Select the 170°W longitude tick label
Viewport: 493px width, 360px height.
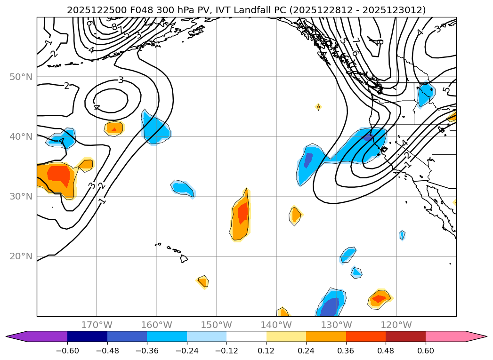[97, 325]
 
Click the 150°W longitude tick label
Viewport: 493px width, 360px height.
[216, 325]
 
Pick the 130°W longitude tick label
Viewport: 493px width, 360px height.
[336, 325]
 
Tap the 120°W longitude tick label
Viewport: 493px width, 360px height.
[396, 325]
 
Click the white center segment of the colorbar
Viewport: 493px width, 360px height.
[246, 336]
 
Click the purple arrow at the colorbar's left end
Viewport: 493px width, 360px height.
[16, 336]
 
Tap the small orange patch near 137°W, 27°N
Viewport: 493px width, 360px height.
[295, 215]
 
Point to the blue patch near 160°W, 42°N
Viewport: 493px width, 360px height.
[155, 128]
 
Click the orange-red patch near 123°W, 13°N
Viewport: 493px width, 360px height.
[380, 298]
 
